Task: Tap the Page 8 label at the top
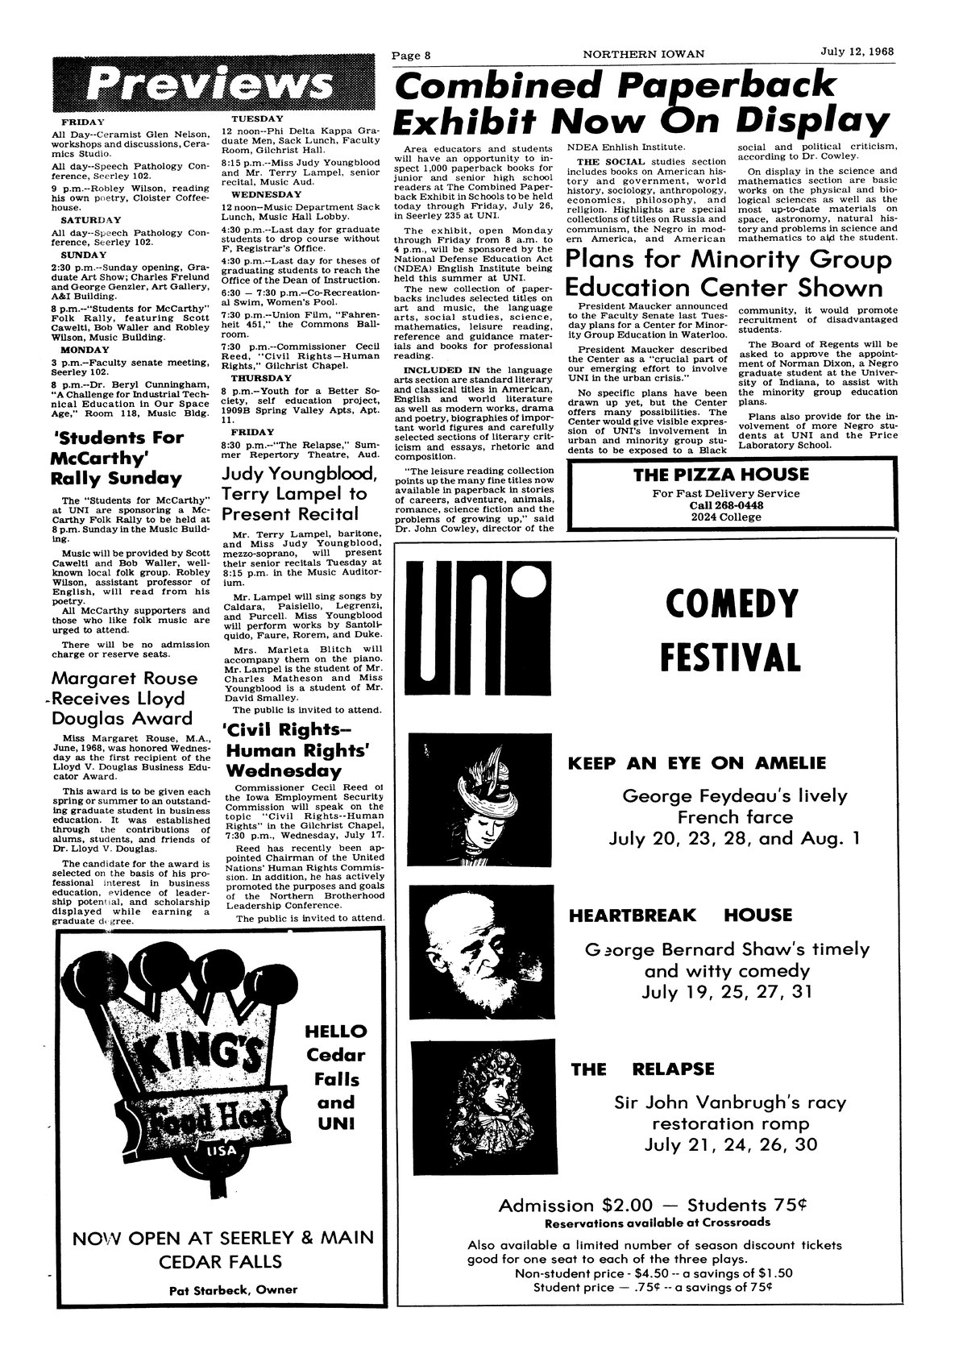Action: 412,55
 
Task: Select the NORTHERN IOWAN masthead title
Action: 645,55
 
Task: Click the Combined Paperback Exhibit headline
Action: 641,102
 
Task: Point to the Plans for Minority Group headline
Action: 729,260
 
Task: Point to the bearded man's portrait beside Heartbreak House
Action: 481,952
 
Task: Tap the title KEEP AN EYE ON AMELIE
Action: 697,763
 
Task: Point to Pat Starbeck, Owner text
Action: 234,1289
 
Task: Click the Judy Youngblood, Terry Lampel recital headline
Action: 294,493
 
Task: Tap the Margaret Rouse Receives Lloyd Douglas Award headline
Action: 123,698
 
